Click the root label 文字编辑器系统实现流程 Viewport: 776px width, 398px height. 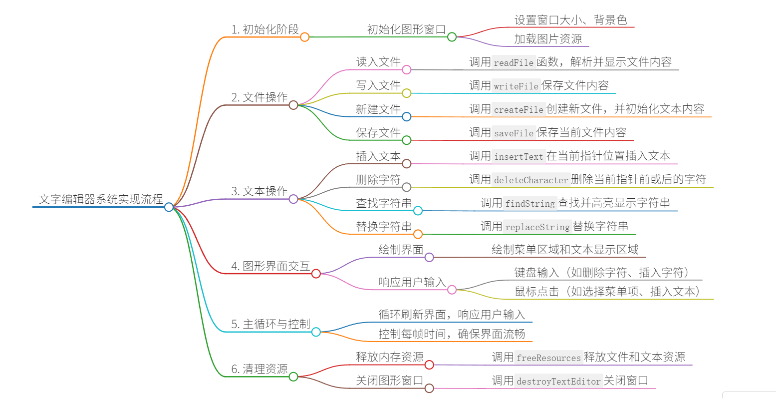click(101, 199)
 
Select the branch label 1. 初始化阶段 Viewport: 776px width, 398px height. click(265, 29)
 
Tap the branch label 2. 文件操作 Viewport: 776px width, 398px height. click(259, 97)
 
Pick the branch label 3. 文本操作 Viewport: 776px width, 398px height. click(259, 191)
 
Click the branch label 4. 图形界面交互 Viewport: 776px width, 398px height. click(270, 266)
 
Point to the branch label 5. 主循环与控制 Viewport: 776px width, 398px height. click(270, 324)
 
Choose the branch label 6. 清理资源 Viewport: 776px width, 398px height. click(259, 369)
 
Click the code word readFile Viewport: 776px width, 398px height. click(514, 62)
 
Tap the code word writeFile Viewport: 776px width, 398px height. click(516, 86)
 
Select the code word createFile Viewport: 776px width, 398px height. click(518, 109)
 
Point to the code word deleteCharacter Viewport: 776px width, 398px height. click(531, 180)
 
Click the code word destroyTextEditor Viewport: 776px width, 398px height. click(558, 382)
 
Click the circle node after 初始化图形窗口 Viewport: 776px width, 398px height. click(452, 37)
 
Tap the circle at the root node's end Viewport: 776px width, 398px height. click(169, 207)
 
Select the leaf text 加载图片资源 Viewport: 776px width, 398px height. click(548, 39)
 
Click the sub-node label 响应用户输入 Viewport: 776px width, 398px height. click(412, 282)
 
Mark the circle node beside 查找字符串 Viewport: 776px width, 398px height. click(418, 211)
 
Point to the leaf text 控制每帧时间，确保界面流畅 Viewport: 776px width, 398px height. click(452, 334)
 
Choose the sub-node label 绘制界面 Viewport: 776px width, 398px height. click(401, 250)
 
